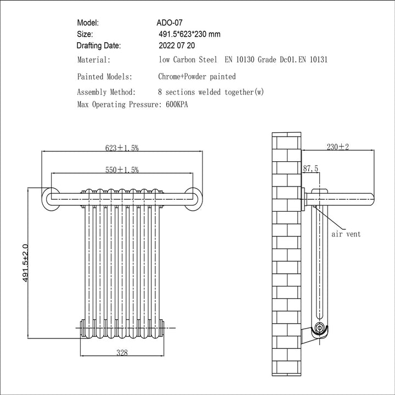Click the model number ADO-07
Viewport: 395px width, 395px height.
169,23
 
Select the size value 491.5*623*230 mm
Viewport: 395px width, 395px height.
189,34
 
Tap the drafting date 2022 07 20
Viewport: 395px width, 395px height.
176,46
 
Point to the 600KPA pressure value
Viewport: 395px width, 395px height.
176,104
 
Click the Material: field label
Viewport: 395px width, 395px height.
94,60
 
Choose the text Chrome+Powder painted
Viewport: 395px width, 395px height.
196,77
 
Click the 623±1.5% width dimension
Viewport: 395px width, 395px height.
122,148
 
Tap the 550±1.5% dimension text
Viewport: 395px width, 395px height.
122,171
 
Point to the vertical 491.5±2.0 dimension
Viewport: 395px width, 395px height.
25,263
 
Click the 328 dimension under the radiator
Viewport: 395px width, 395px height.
122,353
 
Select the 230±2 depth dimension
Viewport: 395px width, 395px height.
338,147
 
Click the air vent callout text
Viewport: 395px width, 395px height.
346,234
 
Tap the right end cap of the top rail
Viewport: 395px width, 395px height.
193,197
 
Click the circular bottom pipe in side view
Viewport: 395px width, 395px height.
319,330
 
